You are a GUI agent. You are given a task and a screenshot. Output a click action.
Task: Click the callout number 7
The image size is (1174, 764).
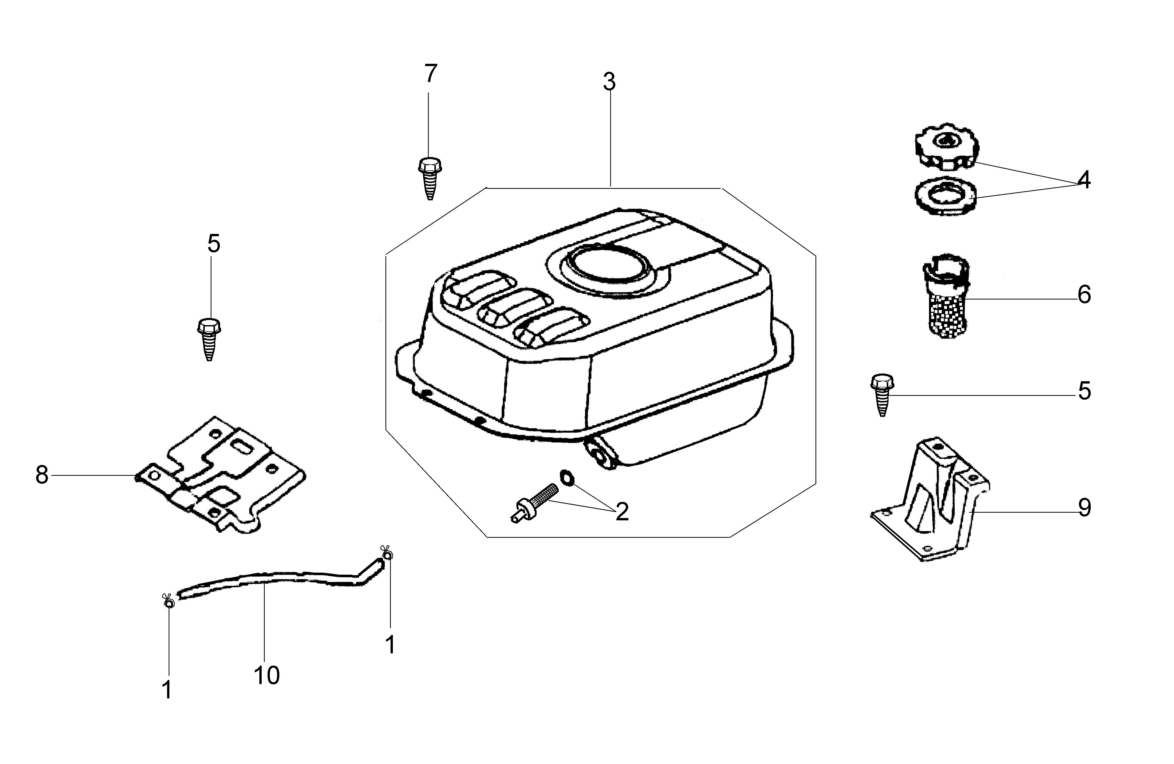[431, 74]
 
